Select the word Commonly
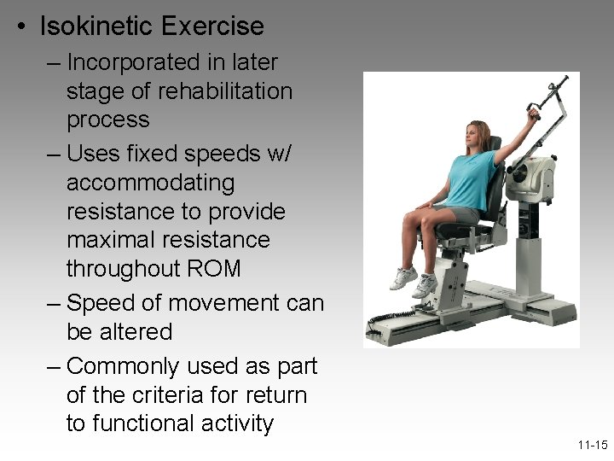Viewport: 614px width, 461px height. [x=129, y=366]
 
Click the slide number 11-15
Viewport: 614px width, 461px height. [x=591, y=446]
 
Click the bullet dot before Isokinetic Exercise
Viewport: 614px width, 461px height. [x=22, y=27]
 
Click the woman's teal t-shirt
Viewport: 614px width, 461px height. [x=468, y=180]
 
